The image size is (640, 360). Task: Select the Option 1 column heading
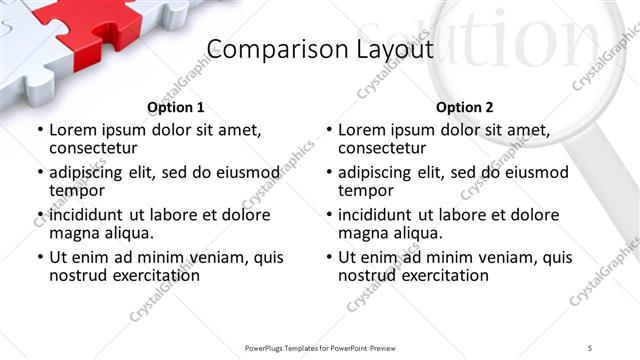(x=176, y=107)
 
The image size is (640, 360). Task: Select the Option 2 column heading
(x=465, y=107)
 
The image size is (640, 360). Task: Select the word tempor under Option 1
(x=76, y=190)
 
